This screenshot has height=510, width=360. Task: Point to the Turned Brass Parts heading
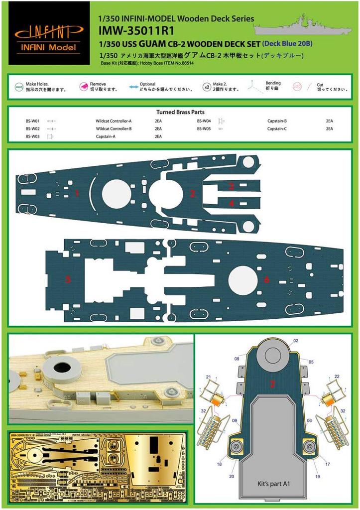(180, 113)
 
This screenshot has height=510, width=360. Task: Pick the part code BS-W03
(33, 136)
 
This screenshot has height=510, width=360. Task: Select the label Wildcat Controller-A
(114, 121)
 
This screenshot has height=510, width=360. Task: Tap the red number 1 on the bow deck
(77, 193)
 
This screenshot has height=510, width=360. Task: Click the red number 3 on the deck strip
(232, 187)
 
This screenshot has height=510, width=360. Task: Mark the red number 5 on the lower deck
(68, 280)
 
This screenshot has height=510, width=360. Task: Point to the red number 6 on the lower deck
(267, 280)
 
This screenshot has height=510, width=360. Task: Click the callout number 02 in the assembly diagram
(295, 341)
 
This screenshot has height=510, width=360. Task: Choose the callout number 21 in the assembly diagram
(208, 377)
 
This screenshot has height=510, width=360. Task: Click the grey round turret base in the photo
(62, 369)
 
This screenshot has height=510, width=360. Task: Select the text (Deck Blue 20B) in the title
(290, 43)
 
